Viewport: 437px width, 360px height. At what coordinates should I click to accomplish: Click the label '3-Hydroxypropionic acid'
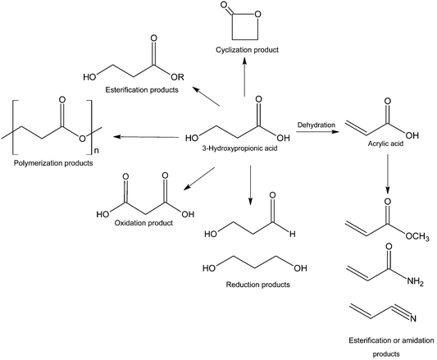(247, 148)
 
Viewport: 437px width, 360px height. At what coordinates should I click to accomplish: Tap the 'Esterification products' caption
(143, 89)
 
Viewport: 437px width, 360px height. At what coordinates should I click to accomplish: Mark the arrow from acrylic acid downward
(386, 179)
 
